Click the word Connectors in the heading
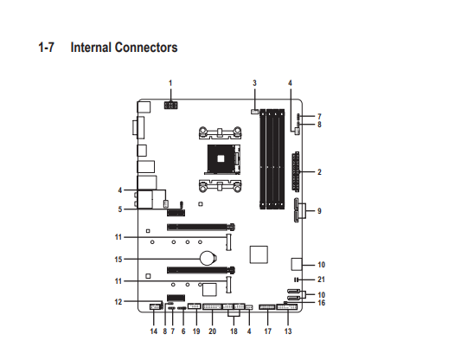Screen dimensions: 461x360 pyautogui.click(x=146, y=48)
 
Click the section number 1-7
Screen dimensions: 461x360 pyautogui.click(x=46, y=48)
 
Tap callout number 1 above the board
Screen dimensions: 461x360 pyautogui.click(x=170, y=83)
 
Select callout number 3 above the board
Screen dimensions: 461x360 pyautogui.click(x=254, y=83)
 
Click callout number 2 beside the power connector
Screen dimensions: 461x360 pyautogui.click(x=319, y=171)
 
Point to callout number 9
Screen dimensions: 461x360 pyautogui.click(x=319, y=211)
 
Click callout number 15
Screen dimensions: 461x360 pyautogui.click(x=118, y=260)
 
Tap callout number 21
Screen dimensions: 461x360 pyautogui.click(x=321, y=280)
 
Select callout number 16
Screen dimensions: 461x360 pyautogui.click(x=322, y=303)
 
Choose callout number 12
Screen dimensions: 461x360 pyautogui.click(x=118, y=302)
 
